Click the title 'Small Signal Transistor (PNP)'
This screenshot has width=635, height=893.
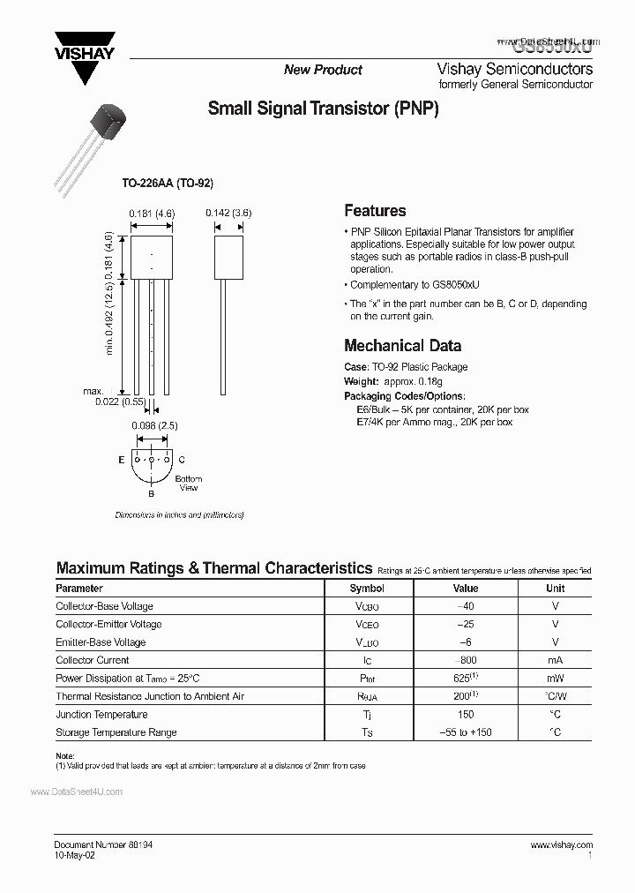coord(323,109)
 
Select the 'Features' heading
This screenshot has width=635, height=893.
coord(375,211)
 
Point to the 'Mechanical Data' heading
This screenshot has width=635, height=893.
coord(402,345)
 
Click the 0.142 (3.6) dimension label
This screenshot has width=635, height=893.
coord(228,213)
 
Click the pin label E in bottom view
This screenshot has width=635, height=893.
coord(121,460)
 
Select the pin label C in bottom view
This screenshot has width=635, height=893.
coord(181,460)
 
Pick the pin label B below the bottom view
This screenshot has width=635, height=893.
coord(151,494)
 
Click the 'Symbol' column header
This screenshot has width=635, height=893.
coord(367,589)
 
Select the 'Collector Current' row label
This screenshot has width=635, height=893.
coord(93,660)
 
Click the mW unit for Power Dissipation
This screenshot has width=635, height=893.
coord(555,679)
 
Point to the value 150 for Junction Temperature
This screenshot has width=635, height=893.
coord(466,715)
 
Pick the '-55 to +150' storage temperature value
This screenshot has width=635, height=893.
coord(466,732)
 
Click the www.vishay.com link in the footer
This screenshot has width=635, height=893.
coord(562,844)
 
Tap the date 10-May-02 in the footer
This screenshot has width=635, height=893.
coord(75,855)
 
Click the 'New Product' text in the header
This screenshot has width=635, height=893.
coord(323,70)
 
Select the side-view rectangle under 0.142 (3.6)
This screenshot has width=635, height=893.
coord(228,256)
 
